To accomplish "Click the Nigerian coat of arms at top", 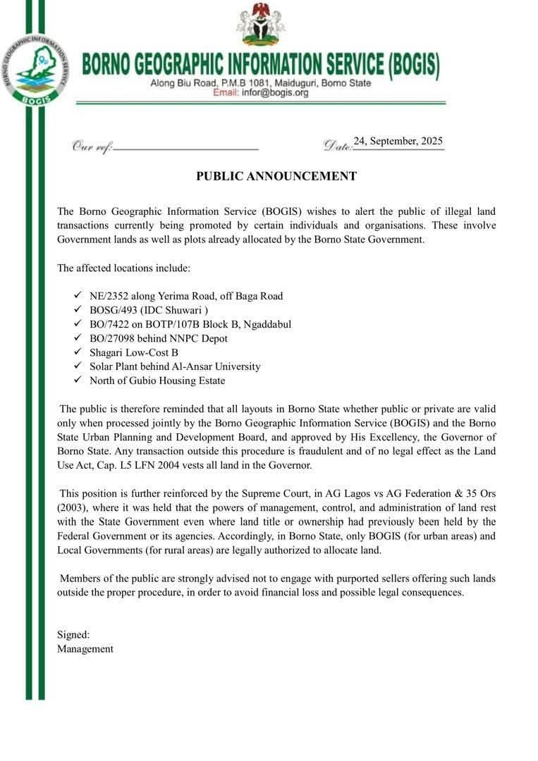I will tap(261, 25).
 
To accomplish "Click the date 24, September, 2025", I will tap(398, 141).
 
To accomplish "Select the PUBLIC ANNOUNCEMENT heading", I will tap(276, 176).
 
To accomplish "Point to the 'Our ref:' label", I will tap(92, 147).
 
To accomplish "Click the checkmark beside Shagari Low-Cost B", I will tap(78, 352).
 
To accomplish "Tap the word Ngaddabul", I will tap(264, 324).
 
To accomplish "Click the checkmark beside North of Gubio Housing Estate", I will tap(78, 380).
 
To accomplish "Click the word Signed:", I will tap(73, 634).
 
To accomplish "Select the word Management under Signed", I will tap(85, 649).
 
